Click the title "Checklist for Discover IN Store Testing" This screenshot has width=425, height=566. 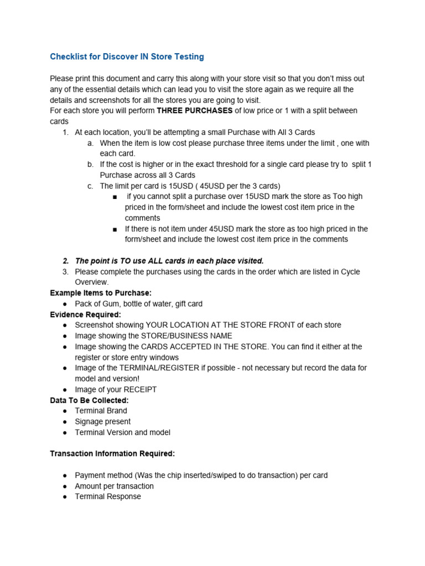127,56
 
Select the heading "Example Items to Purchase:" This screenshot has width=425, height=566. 101,293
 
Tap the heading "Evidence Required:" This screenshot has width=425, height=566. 85,315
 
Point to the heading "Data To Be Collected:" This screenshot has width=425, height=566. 89,400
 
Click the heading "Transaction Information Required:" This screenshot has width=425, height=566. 112,454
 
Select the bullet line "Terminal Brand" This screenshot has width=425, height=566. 101,411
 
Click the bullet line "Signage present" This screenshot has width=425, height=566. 102,422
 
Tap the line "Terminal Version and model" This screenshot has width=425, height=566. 122,432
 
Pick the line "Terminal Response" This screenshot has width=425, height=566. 108,496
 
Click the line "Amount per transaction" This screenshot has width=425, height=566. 114,486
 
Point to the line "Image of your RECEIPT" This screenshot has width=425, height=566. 116,390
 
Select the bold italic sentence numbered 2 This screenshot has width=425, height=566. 169,261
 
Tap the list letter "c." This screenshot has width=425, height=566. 90,186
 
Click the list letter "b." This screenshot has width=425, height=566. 90,164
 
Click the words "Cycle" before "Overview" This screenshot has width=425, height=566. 350,272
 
